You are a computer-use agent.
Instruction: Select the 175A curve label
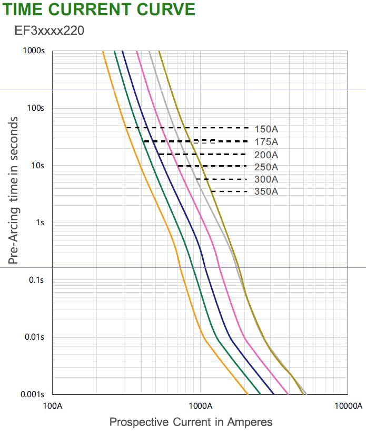(x=266, y=142)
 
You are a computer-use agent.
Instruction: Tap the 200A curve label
(x=266, y=155)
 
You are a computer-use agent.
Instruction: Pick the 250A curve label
(x=266, y=167)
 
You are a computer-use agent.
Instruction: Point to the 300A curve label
(x=266, y=179)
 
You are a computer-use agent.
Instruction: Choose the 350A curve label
(x=266, y=191)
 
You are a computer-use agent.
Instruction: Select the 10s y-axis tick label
(x=38, y=166)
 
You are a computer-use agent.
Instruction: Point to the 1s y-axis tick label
(x=40, y=223)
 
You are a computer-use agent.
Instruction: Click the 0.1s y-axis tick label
(x=37, y=280)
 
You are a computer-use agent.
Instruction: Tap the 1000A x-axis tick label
(x=200, y=406)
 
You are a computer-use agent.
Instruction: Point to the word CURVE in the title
(x=164, y=9)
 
